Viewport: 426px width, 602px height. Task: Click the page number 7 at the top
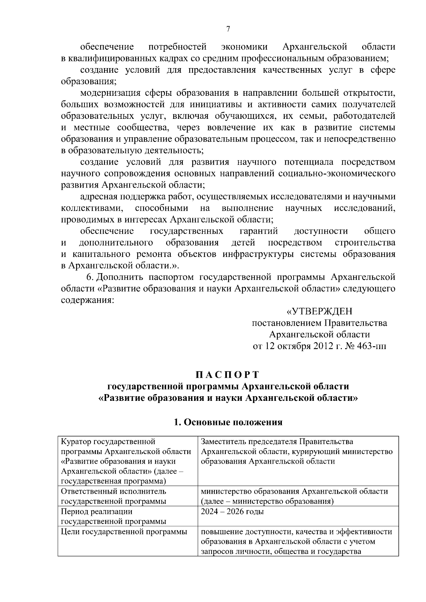point(228,29)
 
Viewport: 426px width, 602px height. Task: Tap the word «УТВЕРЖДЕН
point(319,311)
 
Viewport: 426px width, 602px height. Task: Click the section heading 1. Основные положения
point(228,422)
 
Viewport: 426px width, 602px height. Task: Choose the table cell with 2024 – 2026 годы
point(232,512)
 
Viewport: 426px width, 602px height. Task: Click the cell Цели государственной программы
point(124,532)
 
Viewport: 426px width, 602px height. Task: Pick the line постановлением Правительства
point(319,323)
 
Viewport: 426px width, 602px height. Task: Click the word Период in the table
point(74,512)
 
